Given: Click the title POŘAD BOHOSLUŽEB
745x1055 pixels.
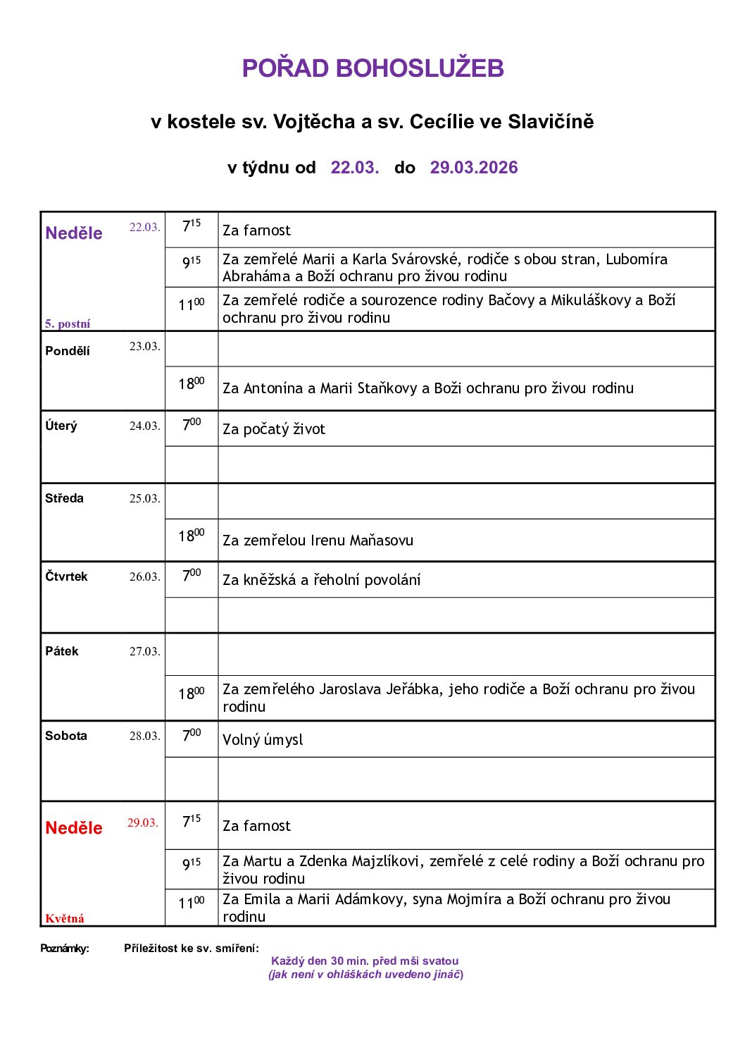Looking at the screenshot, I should click(x=372, y=68).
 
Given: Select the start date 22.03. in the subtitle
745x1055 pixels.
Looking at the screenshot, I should click(x=354, y=168).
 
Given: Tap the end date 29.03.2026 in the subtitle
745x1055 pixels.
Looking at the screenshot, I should click(x=473, y=168).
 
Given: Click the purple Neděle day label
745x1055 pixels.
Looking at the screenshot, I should click(x=73, y=233).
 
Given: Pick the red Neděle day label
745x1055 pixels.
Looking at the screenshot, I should click(x=73, y=828).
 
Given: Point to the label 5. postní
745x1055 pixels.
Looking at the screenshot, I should click(x=68, y=324).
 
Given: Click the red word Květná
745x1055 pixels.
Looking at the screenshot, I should click(x=65, y=918).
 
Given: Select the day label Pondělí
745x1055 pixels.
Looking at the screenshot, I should click(x=68, y=351).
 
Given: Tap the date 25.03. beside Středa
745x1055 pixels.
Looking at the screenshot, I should click(x=144, y=499).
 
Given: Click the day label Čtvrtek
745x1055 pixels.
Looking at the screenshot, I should click(x=66, y=576).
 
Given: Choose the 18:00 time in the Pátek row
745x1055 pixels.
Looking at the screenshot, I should click(x=191, y=693).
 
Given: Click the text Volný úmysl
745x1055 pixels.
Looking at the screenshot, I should click(x=263, y=740).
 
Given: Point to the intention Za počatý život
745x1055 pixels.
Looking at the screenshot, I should click(x=274, y=429).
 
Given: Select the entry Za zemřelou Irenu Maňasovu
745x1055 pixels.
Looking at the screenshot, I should click(x=318, y=541).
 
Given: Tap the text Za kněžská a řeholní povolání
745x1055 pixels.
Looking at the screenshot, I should click(x=321, y=580).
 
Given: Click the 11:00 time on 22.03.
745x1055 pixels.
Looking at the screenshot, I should click(x=191, y=304).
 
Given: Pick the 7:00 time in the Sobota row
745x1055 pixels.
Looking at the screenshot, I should click(x=191, y=735).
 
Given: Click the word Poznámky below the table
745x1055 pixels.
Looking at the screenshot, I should click(x=65, y=949).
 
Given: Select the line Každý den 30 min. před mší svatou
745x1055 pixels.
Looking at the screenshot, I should click(x=365, y=961).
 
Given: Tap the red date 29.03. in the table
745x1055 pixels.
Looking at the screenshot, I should click(x=142, y=823).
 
